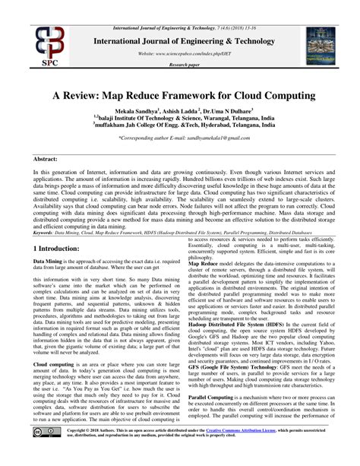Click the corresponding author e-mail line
click(x=179, y=141)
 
